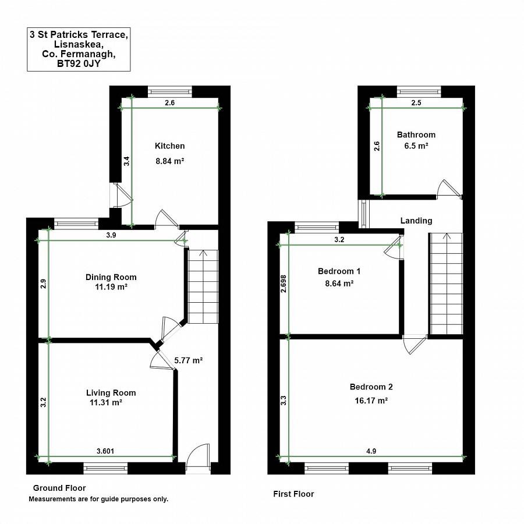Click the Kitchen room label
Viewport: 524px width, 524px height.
[170, 146]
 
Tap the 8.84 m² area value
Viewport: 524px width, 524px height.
[170, 161]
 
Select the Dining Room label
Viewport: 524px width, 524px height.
[111, 277]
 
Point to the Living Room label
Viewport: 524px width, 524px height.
[111, 393]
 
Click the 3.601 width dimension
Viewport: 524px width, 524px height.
[105, 451]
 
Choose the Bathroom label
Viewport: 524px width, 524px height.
[416, 135]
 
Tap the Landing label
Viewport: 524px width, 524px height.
[416, 221]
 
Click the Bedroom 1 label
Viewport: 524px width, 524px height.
[339, 271]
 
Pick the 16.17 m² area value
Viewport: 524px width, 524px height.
[371, 401]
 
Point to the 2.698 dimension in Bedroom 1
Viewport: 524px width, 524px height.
[284, 284]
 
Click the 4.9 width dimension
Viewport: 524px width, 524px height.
[371, 451]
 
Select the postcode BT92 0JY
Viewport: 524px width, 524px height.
[79, 64]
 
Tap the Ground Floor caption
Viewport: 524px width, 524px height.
[59, 488]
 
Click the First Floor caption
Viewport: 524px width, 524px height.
[293, 494]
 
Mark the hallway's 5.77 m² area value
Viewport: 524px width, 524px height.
[189, 360]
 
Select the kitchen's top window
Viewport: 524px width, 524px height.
[170, 91]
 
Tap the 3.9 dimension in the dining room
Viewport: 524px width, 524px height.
[111, 235]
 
